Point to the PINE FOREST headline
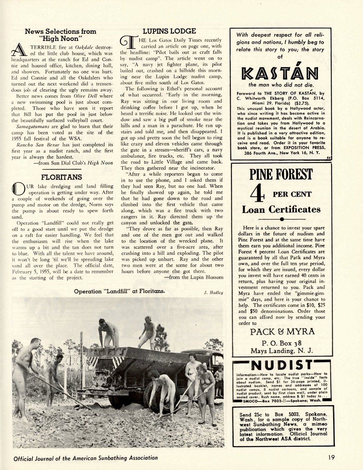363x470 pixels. [281, 174]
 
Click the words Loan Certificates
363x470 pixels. [281, 209]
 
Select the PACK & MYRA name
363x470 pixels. [282, 332]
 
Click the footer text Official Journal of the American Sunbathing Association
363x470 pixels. [85, 457]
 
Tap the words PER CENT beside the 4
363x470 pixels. [292, 194]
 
